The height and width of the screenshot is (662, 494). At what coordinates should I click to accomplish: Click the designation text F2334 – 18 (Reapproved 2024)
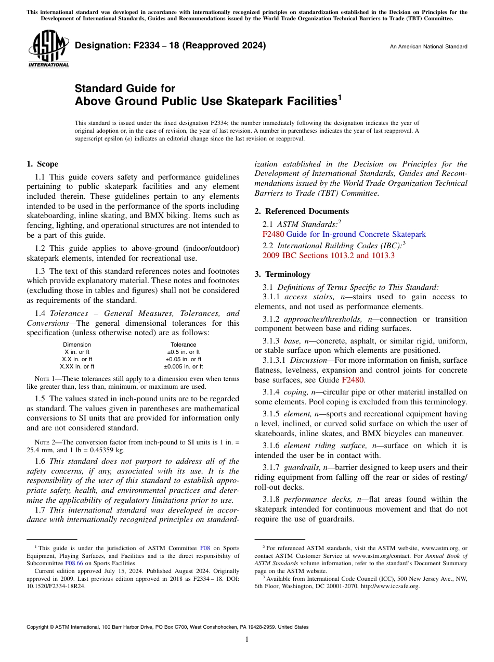pyautogui.click(x=170, y=45)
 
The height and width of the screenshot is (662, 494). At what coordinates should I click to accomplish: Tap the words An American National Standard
pyautogui.click(x=428, y=47)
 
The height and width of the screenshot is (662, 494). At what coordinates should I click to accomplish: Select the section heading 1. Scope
pyautogui.click(x=42, y=164)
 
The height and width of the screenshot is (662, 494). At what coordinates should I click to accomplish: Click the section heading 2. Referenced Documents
pyautogui.click(x=302, y=211)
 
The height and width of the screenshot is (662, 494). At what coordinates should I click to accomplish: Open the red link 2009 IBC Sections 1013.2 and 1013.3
pyautogui.click(x=329, y=256)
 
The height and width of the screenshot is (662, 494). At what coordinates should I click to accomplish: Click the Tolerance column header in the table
pyautogui.click(x=184, y=345)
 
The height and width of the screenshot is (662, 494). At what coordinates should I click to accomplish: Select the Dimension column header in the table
pyautogui.click(x=77, y=345)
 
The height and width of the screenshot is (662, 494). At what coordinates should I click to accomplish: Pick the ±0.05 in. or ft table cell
pyautogui.click(x=184, y=359)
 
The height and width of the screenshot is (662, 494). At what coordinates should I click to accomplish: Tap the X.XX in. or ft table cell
pyautogui.click(x=77, y=366)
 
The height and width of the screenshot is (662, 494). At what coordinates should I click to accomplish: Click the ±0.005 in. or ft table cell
pyautogui.click(x=184, y=366)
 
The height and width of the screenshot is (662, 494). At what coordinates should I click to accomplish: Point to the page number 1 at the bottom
pyautogui.click(x=247, y=640)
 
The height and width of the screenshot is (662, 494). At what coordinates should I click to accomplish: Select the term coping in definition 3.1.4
pyautogui.click(x=296, y=392)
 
